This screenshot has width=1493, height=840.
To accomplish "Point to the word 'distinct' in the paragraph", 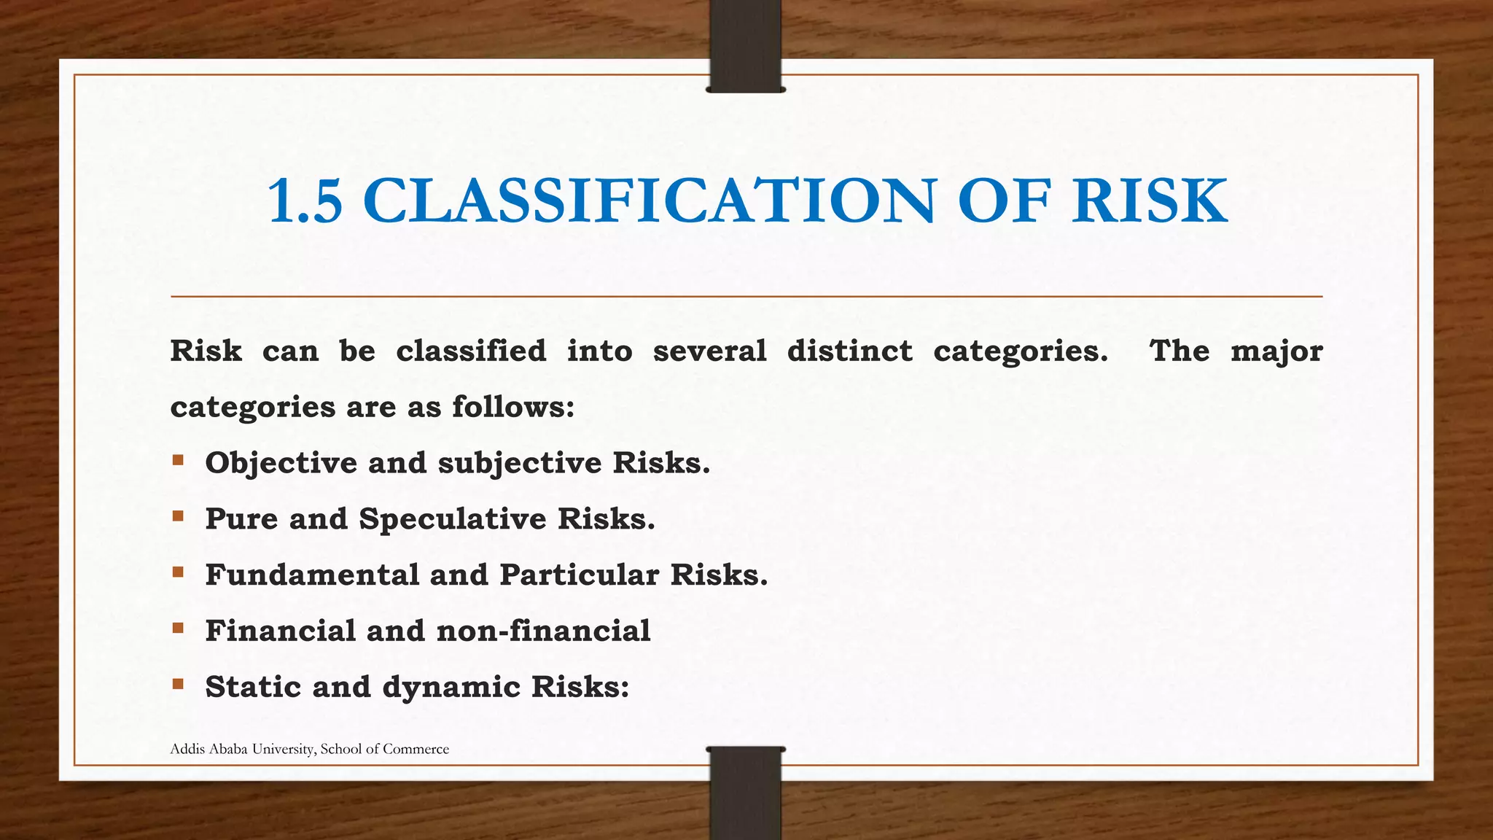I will tap(849, 351).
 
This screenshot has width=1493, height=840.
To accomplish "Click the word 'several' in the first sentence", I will tap(709, 351).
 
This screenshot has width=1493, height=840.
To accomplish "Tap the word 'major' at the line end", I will tap(1276, 351).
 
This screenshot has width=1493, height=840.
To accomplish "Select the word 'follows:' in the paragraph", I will tap(513, 407).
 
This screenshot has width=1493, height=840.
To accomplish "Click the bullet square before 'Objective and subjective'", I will tap(178, 460).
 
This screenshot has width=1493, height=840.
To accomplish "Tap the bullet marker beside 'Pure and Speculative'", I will tap(178, 516).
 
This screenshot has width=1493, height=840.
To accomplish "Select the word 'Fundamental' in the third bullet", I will tap(312, 575).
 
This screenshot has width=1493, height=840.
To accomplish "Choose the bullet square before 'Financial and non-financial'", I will tap(178, 628).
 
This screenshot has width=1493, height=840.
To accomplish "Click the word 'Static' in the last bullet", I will tap(253, 687).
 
